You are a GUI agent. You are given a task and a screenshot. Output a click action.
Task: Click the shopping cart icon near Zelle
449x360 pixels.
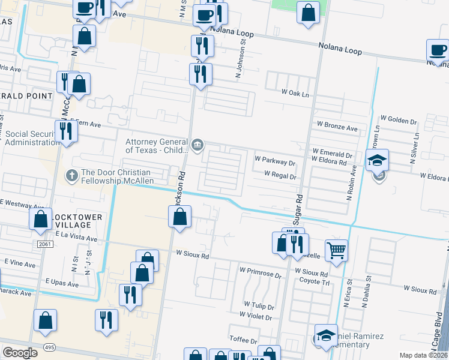pyautogui.click(x=337, y=251)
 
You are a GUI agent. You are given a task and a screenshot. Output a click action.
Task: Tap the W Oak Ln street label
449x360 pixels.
pyautogui.click(x=295, y=94)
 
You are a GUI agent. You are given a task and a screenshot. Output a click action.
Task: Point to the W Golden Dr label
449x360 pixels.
pyautogui.click(x=399, y=119)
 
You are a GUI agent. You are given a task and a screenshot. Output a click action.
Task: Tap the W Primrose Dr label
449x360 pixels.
pyautogui.click(x=260, y=276)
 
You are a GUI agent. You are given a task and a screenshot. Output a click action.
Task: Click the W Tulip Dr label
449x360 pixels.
pyautogui.click(x=258, y=305)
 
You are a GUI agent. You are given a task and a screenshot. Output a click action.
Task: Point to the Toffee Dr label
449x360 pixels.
pyautogui.click(x=242, y=340)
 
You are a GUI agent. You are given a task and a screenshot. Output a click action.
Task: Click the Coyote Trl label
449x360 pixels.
pyautogui.click(x=315, y=281)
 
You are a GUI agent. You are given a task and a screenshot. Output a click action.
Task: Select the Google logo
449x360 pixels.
pyautogui.click(x=20, y=353)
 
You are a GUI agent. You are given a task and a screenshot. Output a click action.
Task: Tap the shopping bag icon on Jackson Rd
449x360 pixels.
pyautogui.click(x=179, y=217)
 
